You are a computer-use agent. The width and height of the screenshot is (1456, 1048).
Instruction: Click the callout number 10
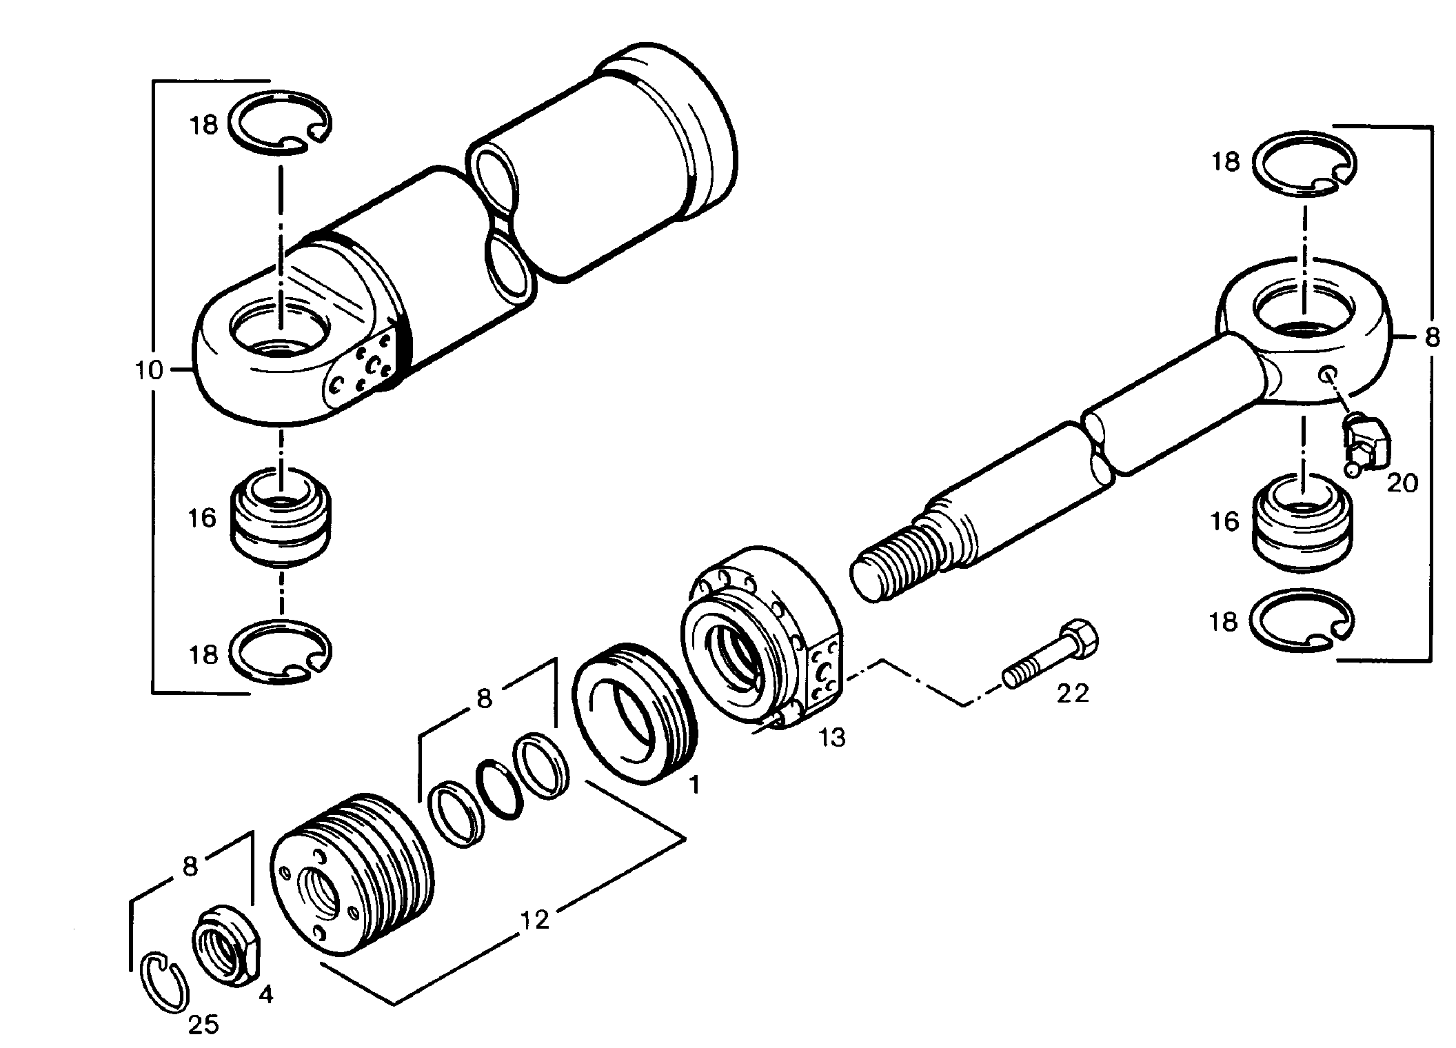[x=150, y=371]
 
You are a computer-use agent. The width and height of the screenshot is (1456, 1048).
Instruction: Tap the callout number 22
[x=1073, y=693]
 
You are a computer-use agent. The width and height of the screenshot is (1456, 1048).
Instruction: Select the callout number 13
[x=832, y=738]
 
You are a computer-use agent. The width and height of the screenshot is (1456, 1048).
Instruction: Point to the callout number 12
[x=535, y=919]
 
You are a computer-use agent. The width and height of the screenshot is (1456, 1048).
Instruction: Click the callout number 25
[x=204, y=1025]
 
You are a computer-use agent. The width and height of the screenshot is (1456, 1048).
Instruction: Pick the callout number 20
[x=1402, y=483]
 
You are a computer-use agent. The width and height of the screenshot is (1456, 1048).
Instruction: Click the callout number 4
[x=266, y=996]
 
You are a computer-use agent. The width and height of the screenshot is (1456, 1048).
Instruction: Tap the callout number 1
[x=694, y=784]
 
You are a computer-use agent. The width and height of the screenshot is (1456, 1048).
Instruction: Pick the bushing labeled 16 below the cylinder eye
[x=280, y=516]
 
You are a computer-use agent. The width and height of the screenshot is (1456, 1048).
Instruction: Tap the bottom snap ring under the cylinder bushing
[x=280, y=652]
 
